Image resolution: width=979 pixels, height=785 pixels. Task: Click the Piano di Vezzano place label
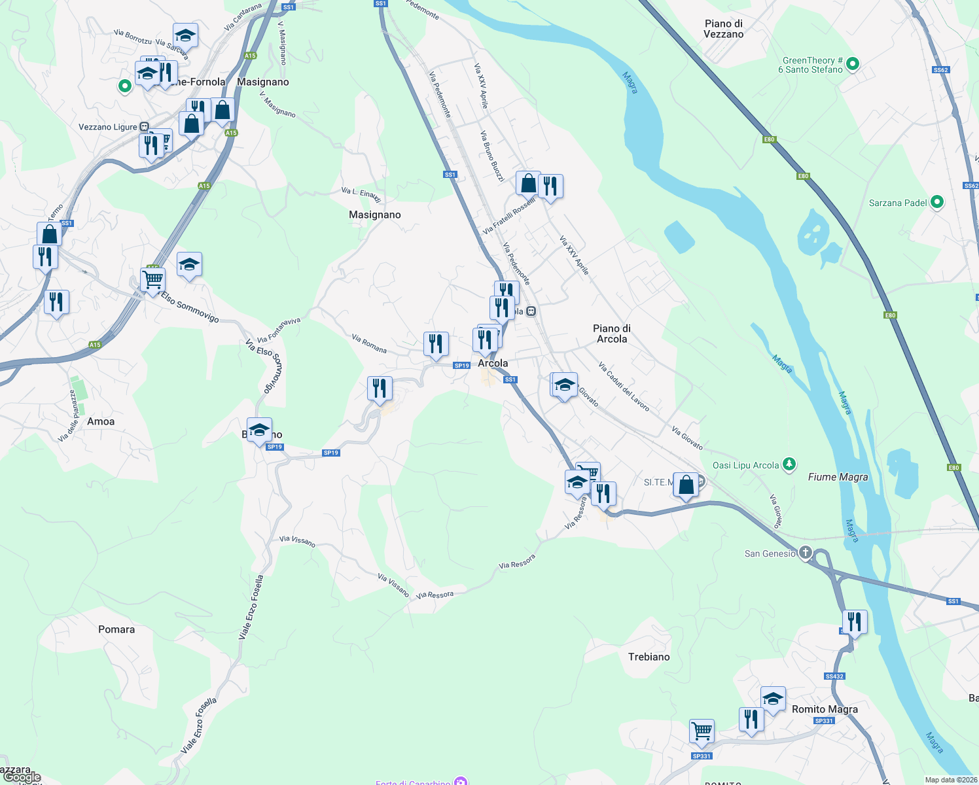723,29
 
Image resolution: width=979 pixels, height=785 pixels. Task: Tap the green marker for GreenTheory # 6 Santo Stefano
852,64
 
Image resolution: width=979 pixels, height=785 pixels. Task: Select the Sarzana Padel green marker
936,202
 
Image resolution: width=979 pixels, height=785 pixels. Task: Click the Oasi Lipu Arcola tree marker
789,464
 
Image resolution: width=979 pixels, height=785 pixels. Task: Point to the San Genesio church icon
805,553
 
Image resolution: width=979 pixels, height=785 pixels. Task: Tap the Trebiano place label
649,657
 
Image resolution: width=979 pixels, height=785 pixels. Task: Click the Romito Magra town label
825,709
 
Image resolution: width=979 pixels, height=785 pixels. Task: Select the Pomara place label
116,629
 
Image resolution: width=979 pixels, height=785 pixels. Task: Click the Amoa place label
101,421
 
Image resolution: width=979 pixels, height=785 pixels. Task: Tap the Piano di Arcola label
612,334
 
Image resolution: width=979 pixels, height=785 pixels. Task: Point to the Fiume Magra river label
838,477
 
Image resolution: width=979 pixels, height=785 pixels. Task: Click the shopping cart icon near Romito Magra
702,731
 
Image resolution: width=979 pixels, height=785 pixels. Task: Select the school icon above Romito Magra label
773,699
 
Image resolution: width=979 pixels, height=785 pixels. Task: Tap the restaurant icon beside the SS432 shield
855,621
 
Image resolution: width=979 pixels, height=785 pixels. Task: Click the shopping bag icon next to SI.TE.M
686,485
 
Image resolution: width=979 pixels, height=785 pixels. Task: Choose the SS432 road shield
834,676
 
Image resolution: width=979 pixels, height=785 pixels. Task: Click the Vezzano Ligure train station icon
144,127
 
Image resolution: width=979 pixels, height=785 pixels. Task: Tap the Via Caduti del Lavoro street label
624,387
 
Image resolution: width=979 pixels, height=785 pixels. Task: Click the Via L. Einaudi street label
361,194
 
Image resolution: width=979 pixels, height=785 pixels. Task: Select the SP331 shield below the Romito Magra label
824,721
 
